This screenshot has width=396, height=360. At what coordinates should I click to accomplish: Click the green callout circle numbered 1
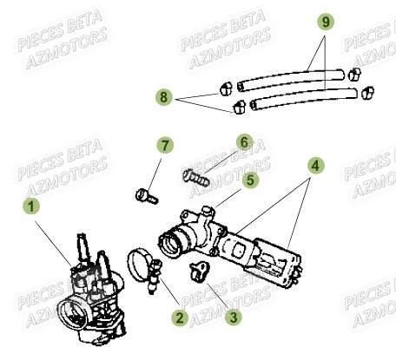tap(32, 206)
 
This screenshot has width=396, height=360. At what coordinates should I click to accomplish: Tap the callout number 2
tap(179, 317)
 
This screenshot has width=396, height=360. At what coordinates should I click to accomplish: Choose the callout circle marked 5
tap(249, 180)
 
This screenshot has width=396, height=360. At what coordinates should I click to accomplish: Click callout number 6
tap(244, 141)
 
